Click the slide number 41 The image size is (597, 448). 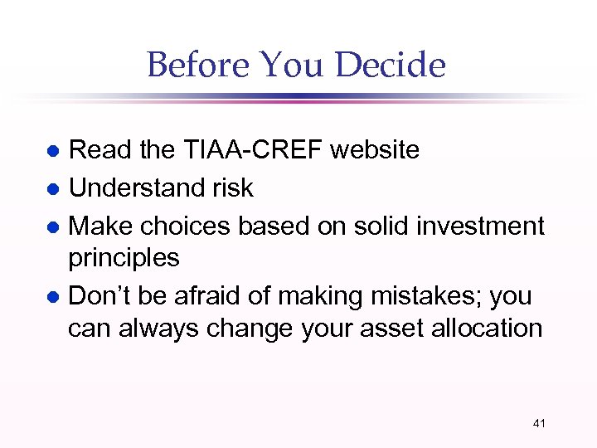point(539,424)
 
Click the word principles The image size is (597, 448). point(124,259)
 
